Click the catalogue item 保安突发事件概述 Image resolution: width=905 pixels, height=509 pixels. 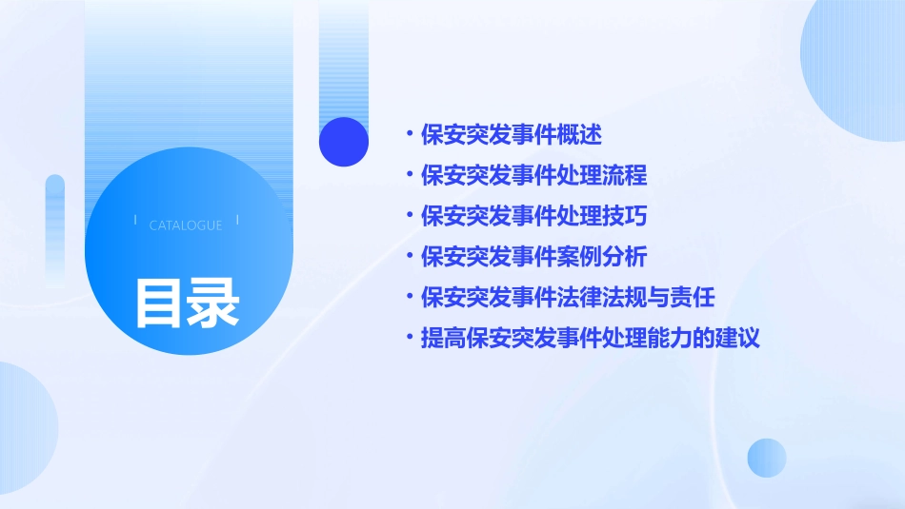[512, 134]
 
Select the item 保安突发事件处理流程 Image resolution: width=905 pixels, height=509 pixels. [533, 175]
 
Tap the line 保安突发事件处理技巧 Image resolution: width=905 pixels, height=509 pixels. [533, 216]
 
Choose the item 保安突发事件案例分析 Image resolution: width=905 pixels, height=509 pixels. [533, 257]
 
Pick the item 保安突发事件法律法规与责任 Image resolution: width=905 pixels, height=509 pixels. [568, 297]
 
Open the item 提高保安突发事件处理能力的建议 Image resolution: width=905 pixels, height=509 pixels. [591, 338]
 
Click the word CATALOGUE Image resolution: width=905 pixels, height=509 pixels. [186, 225]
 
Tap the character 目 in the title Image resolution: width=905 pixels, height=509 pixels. [159, 303]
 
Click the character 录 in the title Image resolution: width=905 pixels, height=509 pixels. [213, 303]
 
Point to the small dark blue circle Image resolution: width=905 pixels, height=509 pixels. [344, 142]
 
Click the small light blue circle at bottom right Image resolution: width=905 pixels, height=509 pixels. [767, 458]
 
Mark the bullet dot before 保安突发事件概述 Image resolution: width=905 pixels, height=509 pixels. [410, 134]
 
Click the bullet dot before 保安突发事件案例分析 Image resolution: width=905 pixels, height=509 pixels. [410, 257]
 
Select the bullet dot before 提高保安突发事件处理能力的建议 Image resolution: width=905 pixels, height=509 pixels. [410, 338]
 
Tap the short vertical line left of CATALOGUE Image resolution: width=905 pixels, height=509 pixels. [135, 221]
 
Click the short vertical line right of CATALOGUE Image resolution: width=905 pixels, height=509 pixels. [237, 221]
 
